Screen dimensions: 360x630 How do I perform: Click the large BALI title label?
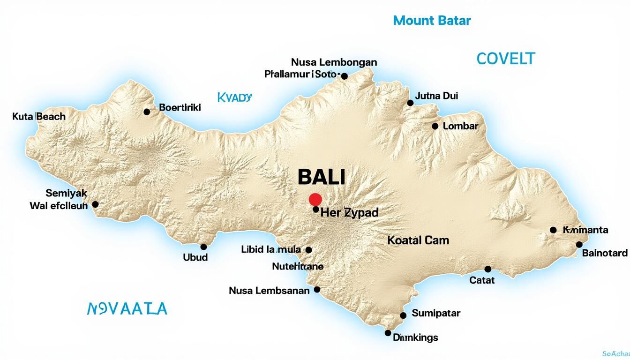322,177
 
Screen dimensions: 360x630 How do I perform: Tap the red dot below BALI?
315,199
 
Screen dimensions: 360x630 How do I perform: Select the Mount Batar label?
432,21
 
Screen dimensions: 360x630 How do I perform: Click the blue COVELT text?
505,59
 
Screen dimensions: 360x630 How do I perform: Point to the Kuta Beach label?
39,117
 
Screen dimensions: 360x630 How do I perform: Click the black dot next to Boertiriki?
147,112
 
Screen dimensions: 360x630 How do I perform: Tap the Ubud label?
195,257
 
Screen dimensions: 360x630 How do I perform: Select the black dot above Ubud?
203,247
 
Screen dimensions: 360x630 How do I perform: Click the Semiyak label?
66,193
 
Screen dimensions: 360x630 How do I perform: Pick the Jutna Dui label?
437,96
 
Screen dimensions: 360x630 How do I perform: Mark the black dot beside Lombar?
435,126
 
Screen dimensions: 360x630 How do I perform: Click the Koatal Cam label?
418,240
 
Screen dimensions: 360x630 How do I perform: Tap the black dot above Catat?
488,269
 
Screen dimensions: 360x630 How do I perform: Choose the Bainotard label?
605,253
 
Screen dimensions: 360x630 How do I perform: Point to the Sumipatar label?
436,313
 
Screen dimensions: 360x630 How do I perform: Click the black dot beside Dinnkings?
388,333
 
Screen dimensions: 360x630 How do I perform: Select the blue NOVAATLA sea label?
127,308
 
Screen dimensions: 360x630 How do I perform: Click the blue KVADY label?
235,97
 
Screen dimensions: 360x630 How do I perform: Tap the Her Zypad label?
349,212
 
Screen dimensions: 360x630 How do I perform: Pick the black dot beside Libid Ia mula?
308,250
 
